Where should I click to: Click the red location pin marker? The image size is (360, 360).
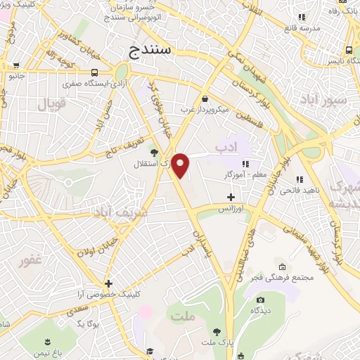coord(181,165)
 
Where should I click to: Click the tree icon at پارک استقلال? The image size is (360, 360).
coord(154,151)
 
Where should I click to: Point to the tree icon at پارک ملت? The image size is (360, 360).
coord(216,330)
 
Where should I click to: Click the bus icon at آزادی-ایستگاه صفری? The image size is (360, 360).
coord(94,72)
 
